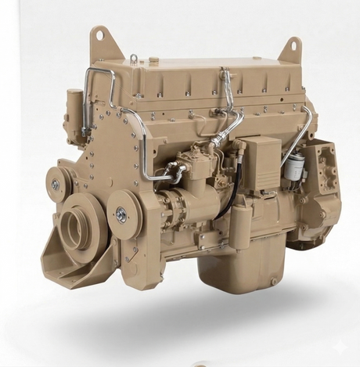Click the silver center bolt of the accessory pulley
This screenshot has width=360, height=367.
click(121, 214)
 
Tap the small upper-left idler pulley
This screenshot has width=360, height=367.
click(56, 185)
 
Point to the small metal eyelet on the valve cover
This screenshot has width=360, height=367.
click(134, 57)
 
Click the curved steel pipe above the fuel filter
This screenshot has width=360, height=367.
click(301, 129)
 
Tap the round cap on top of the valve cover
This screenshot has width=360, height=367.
click(154, 59)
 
